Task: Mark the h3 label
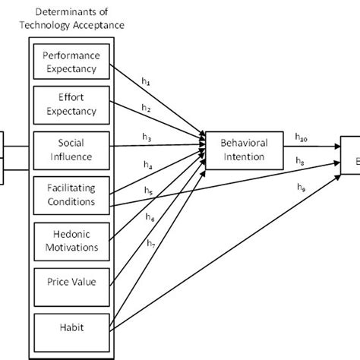(x=147, y=137)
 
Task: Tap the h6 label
(x=150, y=217)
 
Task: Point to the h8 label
(x=302, y=160)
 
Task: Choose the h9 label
(x=302, y=187)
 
